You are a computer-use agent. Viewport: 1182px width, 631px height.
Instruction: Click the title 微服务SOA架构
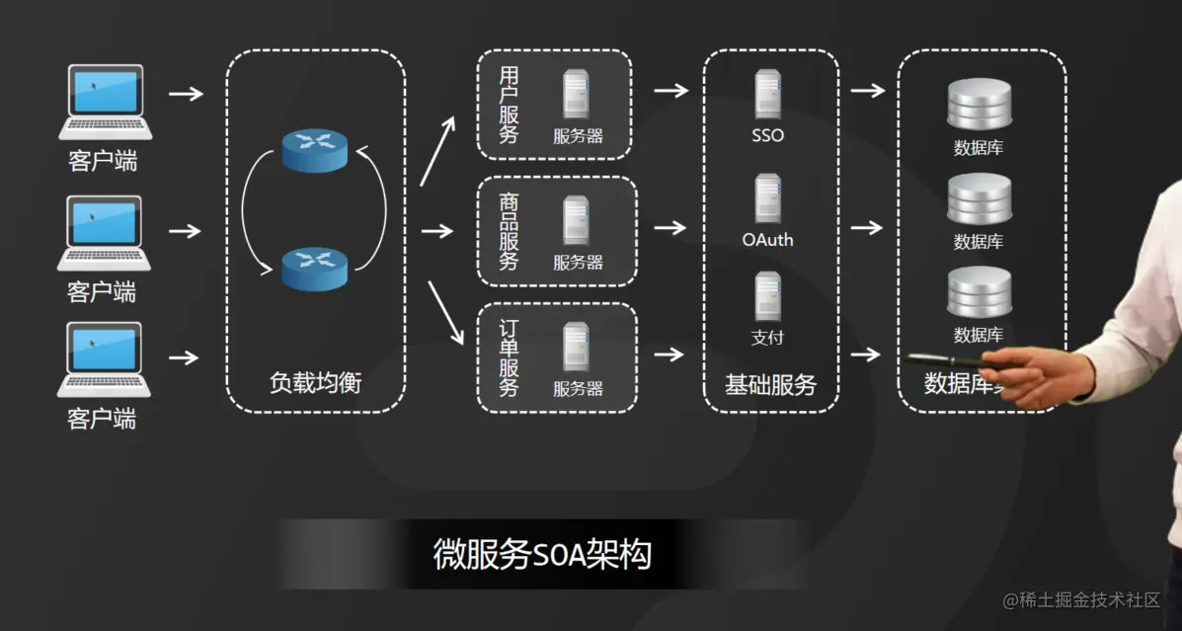(542, 554)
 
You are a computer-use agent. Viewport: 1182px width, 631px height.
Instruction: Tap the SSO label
(767, 135)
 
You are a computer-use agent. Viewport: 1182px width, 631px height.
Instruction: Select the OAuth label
(767, 240)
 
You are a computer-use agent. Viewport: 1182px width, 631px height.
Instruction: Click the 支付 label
(767, 338)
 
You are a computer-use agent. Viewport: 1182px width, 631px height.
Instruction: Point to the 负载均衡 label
(315, 383)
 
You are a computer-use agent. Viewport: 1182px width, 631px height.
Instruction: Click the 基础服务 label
(770, 385)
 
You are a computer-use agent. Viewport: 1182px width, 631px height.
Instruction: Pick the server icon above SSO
(768, 95)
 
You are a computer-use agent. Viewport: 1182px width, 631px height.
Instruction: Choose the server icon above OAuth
(768, 198)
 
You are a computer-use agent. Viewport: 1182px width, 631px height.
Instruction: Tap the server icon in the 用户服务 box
(577, 96)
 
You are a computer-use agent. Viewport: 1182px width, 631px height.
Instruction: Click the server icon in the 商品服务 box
(577, 220)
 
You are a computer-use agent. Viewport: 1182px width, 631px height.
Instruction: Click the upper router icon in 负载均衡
(315, 148)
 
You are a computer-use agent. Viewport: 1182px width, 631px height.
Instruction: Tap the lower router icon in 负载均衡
(315, 268)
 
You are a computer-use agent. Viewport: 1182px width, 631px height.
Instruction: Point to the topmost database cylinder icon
(980, 105)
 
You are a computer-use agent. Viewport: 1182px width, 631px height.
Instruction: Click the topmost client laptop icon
(105, 102)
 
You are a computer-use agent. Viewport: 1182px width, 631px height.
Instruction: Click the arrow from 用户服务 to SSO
(670, 91)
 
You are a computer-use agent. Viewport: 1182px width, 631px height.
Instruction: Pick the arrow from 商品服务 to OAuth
(670, 228)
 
